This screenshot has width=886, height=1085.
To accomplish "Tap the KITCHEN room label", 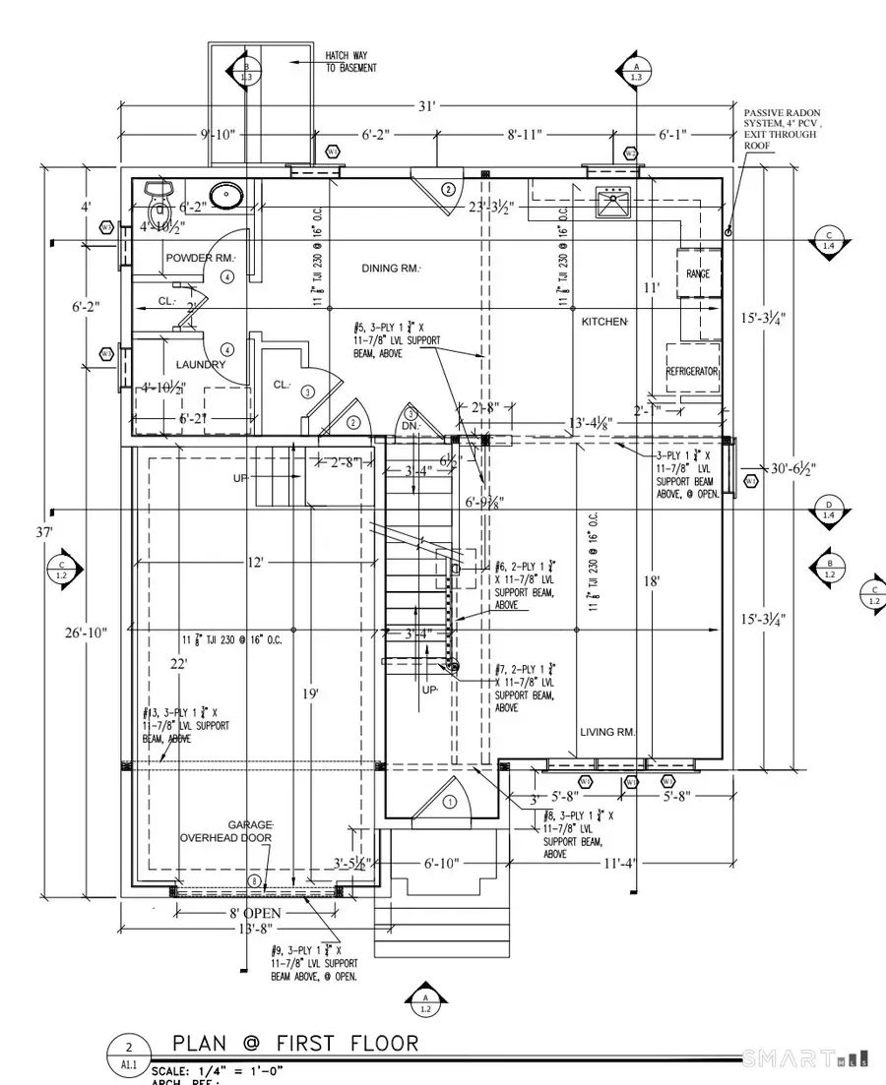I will coord(604,322).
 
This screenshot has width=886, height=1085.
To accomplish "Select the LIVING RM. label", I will coord(608,732).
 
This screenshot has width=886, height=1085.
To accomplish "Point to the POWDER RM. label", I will coord(201,258).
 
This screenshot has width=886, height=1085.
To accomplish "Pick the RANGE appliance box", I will coord(698,274).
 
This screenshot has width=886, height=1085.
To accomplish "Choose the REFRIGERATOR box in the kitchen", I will coord(692,373).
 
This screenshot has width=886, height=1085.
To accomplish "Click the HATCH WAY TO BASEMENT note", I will coord(349,62).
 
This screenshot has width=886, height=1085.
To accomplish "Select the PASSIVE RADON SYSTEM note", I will coord(782,128).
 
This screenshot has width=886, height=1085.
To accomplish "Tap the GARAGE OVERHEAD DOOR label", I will coord(225,831).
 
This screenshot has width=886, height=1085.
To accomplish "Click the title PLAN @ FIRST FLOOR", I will coord(295,1044).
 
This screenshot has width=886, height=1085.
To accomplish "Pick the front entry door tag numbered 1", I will coord(451,802).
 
